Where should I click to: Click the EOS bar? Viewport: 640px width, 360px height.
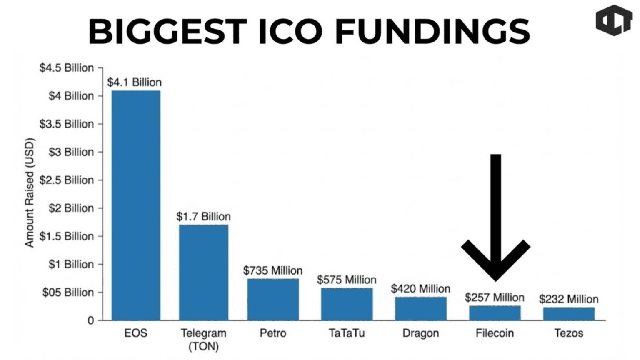pyautogui.click(x=136, y=205)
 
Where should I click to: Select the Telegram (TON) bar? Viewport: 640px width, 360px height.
pyautogui.click(x=204, y=272)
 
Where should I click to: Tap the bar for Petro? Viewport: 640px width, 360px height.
pyautogui.click(x=273, y=299)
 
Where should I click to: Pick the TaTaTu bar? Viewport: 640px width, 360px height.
pyautogui.click(x=347, y=304)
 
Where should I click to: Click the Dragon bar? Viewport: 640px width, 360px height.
pyautogui.click(x=421, y=308)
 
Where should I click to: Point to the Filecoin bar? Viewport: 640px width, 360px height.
pyautogui.click(x=495, y=313)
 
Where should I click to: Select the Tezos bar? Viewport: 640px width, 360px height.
pyautogui.click(x=569, y=314)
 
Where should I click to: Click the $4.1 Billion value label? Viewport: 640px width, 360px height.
pyautogui.click(x=134, y=82)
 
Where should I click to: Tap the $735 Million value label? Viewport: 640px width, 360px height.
pyautogui.click(x=273, y=270)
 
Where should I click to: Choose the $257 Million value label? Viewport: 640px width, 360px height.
pyautogui.click(x=495, y=297)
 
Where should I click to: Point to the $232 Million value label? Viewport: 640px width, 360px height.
pyautogui.click(x=569, y=299)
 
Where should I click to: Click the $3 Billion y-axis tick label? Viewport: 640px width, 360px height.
pyautogui.click(x=71, y=152)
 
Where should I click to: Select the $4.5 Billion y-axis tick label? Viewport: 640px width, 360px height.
pyautogui.click(x=67, y=68)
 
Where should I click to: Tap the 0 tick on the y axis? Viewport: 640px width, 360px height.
pyautogui.click(x=90, y=321)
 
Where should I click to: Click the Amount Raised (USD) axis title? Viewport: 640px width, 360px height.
pyautogui.click(x=30, y=192)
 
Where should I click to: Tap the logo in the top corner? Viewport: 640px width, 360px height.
pyautogui.click(x=614, y=20)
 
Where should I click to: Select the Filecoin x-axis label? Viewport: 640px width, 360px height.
pyautogui.click(x=495, y=333)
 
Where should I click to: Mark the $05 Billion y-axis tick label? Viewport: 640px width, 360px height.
pyautogui.click(x=68, y=292)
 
